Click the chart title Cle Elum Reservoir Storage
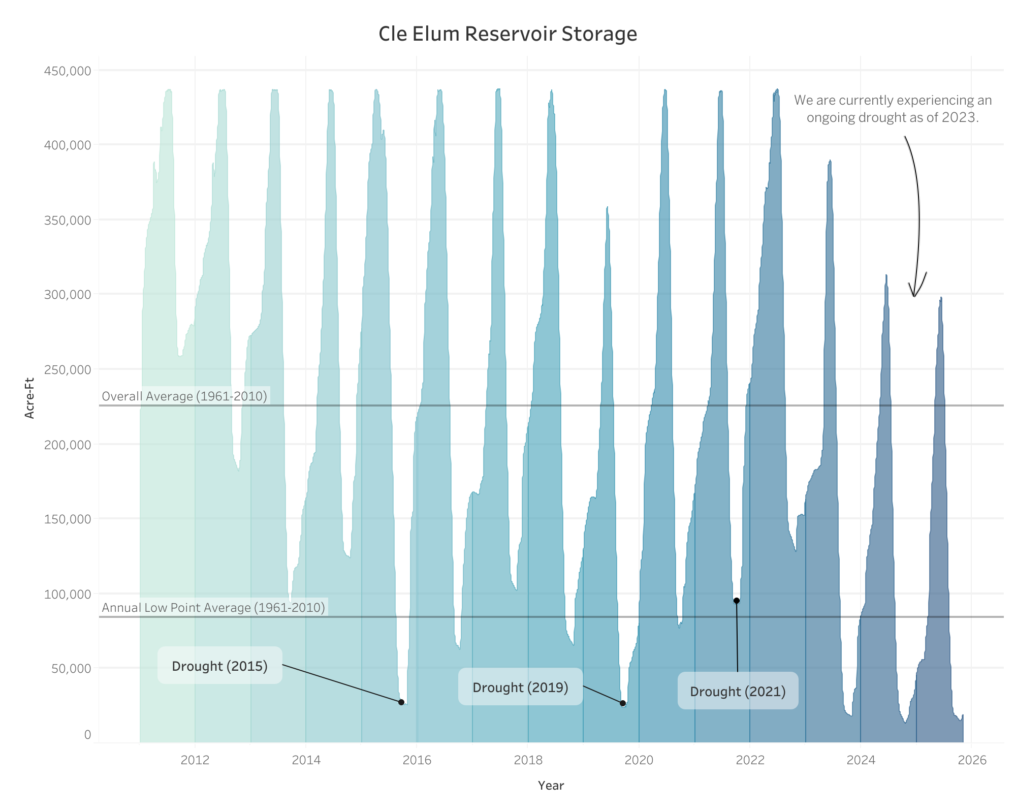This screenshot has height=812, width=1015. pyautogui.click(x=507, y=34)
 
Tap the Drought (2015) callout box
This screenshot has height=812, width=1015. pyautogui.click(x=219, y=666)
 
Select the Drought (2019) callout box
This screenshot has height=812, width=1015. pyautogui.click(x=520, y=687)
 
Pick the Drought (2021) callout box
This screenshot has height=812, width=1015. pyautogui.click(x=738, y=691)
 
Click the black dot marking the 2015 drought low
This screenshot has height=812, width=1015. pyautogui.click(x=401, y=702)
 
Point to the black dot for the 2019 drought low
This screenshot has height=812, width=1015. pyautogui.click(x=623, y=703)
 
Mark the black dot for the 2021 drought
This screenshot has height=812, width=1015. pyautogui.click(x=737, y=601)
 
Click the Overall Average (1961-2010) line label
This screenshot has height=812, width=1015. pyautogui.click(x=184, y=396)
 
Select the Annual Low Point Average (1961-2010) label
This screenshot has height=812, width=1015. pyautogui.click(x=213, y=607)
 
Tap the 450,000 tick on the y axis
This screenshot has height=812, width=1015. pyautogui.click(x=68, y=71)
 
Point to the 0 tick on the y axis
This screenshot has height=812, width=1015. pyautogui.click(x=87, y=734)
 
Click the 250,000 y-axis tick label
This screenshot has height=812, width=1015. pyautogui.click(x=68, y=369)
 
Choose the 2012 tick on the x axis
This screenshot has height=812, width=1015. pyautogui.click(x=195, y=760)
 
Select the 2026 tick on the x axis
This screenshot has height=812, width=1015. pyautogui.click(x=972, y=760)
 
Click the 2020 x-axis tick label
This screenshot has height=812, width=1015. pyautogui.click(x=639, y=760)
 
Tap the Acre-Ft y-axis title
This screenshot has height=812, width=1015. pyautogui.click(x=30, y=398)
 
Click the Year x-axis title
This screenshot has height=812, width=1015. pyautogui.click(x=551, y=786)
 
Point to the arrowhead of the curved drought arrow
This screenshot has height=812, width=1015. pyautogui.click(x=914, y=295)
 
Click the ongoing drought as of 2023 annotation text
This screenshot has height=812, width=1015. pyautogui.click(x=893, y=109)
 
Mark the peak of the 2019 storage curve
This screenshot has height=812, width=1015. pyautogui.click(x=607, y=207)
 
